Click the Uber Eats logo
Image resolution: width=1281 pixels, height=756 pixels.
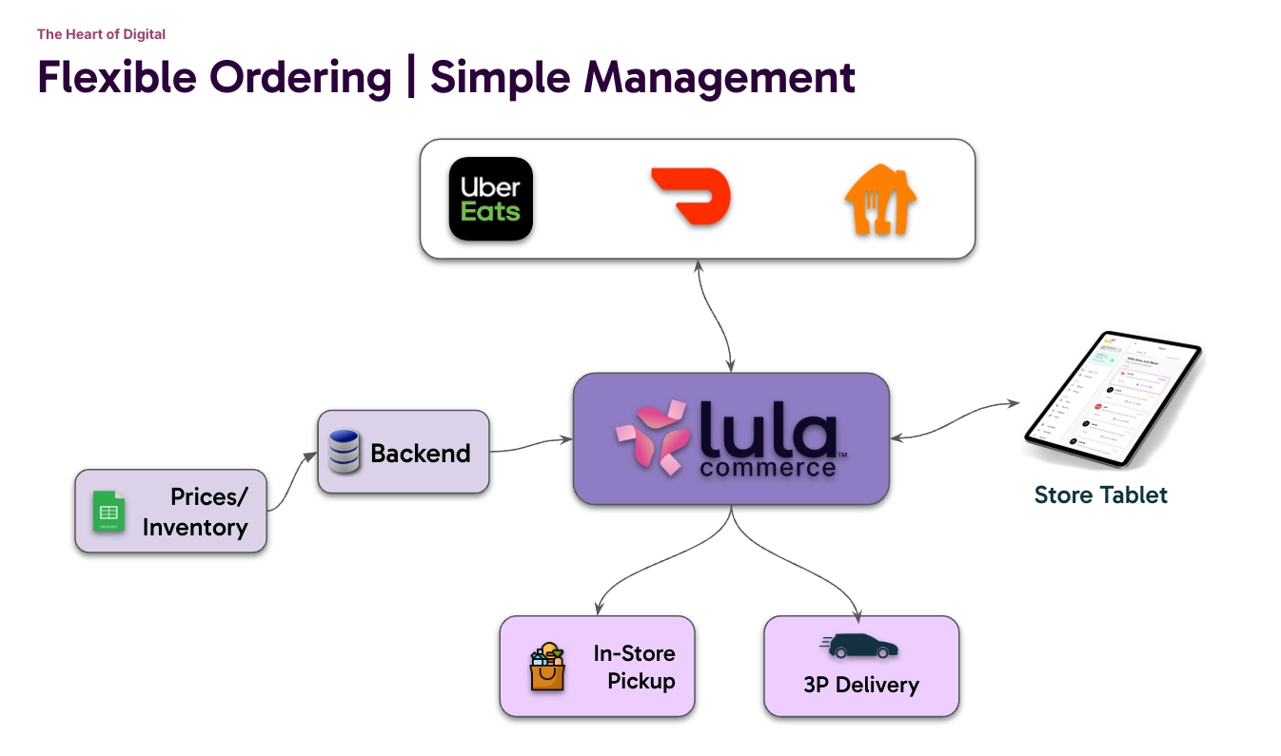tap(490, 199)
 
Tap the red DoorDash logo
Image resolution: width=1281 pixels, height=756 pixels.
tap(690, 198)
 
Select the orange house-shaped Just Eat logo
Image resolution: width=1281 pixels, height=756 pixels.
tap(880, 200)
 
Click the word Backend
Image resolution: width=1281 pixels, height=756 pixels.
tap(421, 454)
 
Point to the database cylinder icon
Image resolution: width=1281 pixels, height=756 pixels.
tap(344, 452)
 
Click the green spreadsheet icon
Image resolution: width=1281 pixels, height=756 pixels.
tap(108, 512)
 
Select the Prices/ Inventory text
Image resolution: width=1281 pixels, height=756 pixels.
tap(195, 512)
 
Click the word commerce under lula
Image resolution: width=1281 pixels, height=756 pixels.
tap(767, 468)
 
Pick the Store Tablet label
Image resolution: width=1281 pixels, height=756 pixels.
tap(1100, 494)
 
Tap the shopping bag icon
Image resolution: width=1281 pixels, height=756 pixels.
tap(547, 667)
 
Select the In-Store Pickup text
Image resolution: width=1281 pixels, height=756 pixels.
tap(634, 667)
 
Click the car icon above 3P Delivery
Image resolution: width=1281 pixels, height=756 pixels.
tap(859, 647)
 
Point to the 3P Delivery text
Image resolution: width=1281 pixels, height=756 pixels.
tap(860, 685)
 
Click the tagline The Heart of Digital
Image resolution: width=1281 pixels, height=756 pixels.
tap(101, 34)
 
